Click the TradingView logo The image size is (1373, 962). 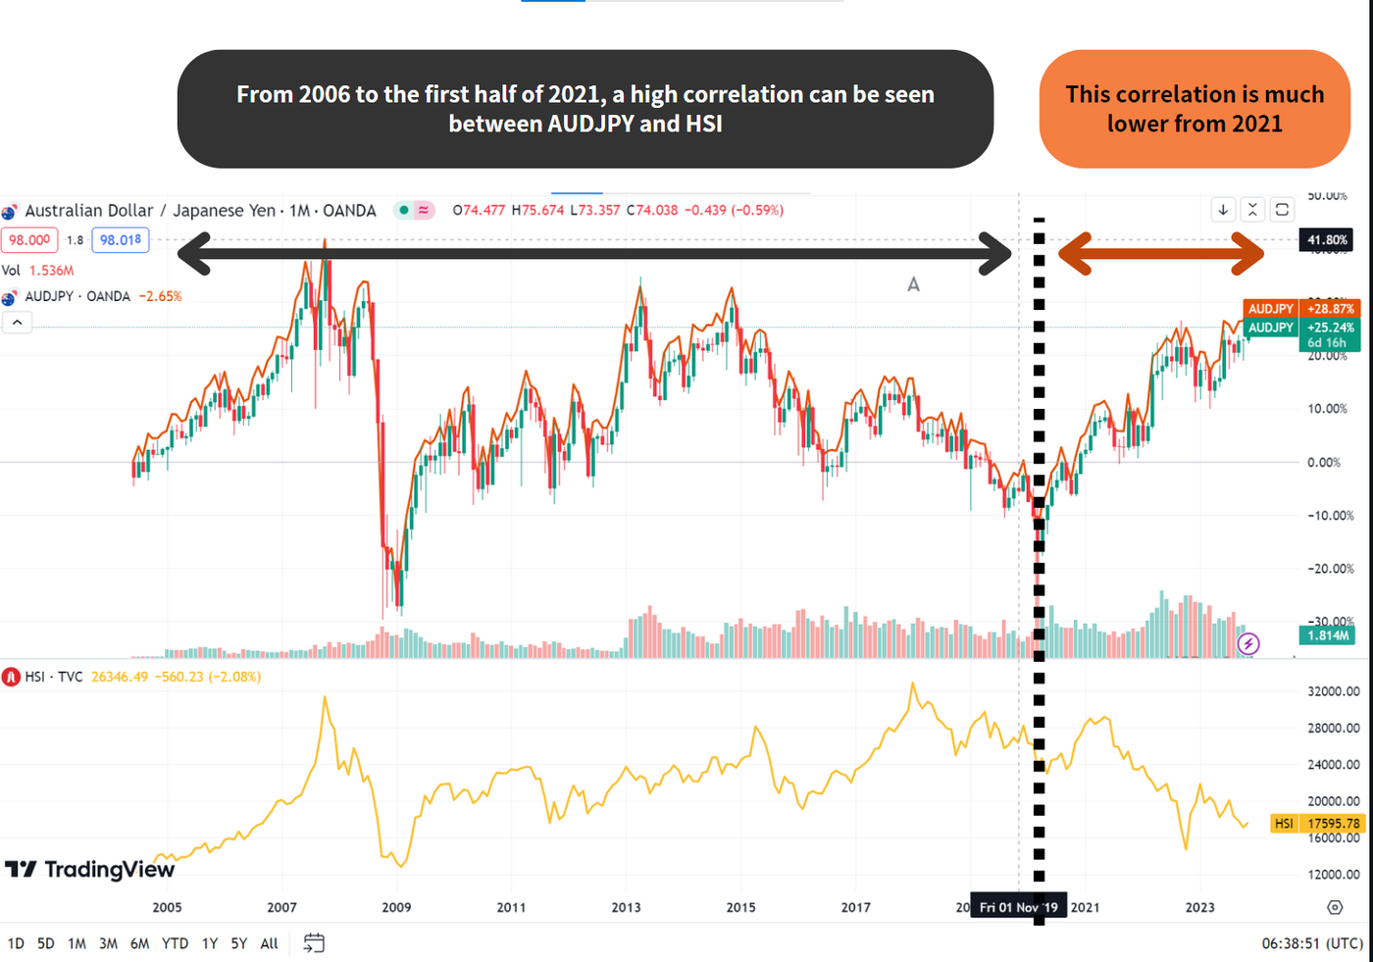point(90,870)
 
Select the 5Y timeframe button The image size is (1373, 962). point(239,943)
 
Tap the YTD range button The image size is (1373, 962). point(175,943)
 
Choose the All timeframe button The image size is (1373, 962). point(270,943)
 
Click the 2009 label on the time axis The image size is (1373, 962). point(396,907)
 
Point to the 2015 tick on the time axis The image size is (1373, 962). point(740,907)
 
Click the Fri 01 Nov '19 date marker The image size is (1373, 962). point(1018,907)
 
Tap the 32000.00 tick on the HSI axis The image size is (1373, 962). point(1333,691)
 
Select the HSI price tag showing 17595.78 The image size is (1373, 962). point(1316,824)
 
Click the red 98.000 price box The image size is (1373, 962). point(29,240)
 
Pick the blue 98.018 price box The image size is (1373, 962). point(121,240)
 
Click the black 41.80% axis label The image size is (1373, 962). point(1326,240)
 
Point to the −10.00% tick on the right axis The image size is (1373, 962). point(1331,516)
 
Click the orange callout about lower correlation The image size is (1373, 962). point(1195,109)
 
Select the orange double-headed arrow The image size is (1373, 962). point(1161,253)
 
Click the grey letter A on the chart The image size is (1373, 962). point(913,284)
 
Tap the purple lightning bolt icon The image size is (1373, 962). point(1248,643)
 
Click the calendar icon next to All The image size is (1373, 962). point(314,943)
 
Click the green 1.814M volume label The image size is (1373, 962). point(1327,635)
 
